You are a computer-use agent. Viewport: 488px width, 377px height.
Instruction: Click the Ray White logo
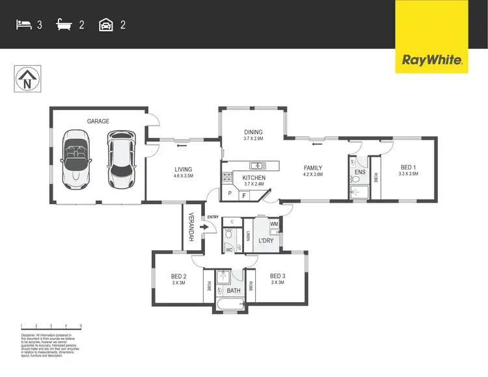coord(432,60)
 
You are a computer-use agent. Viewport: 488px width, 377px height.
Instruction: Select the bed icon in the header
coord(24,25)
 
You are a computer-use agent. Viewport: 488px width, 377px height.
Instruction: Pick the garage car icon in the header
coord(105,25)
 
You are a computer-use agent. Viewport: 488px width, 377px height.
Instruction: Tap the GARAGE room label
coord(98,121)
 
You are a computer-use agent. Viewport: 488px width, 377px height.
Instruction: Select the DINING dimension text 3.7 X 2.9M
coord(253,138)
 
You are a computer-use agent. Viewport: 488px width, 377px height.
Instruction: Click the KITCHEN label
coord(253,177)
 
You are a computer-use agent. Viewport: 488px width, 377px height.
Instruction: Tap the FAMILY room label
coord(313,168)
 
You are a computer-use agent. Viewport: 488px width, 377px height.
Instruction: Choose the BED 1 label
coord(407,166)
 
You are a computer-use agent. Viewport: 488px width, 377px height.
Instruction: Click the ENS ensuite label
coord(359,173)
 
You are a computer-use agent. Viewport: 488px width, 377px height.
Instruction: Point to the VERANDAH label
coord(192,227)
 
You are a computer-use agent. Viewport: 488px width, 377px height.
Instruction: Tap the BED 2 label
coord(178,276)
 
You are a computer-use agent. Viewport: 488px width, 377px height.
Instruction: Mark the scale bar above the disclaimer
coord(51,326)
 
